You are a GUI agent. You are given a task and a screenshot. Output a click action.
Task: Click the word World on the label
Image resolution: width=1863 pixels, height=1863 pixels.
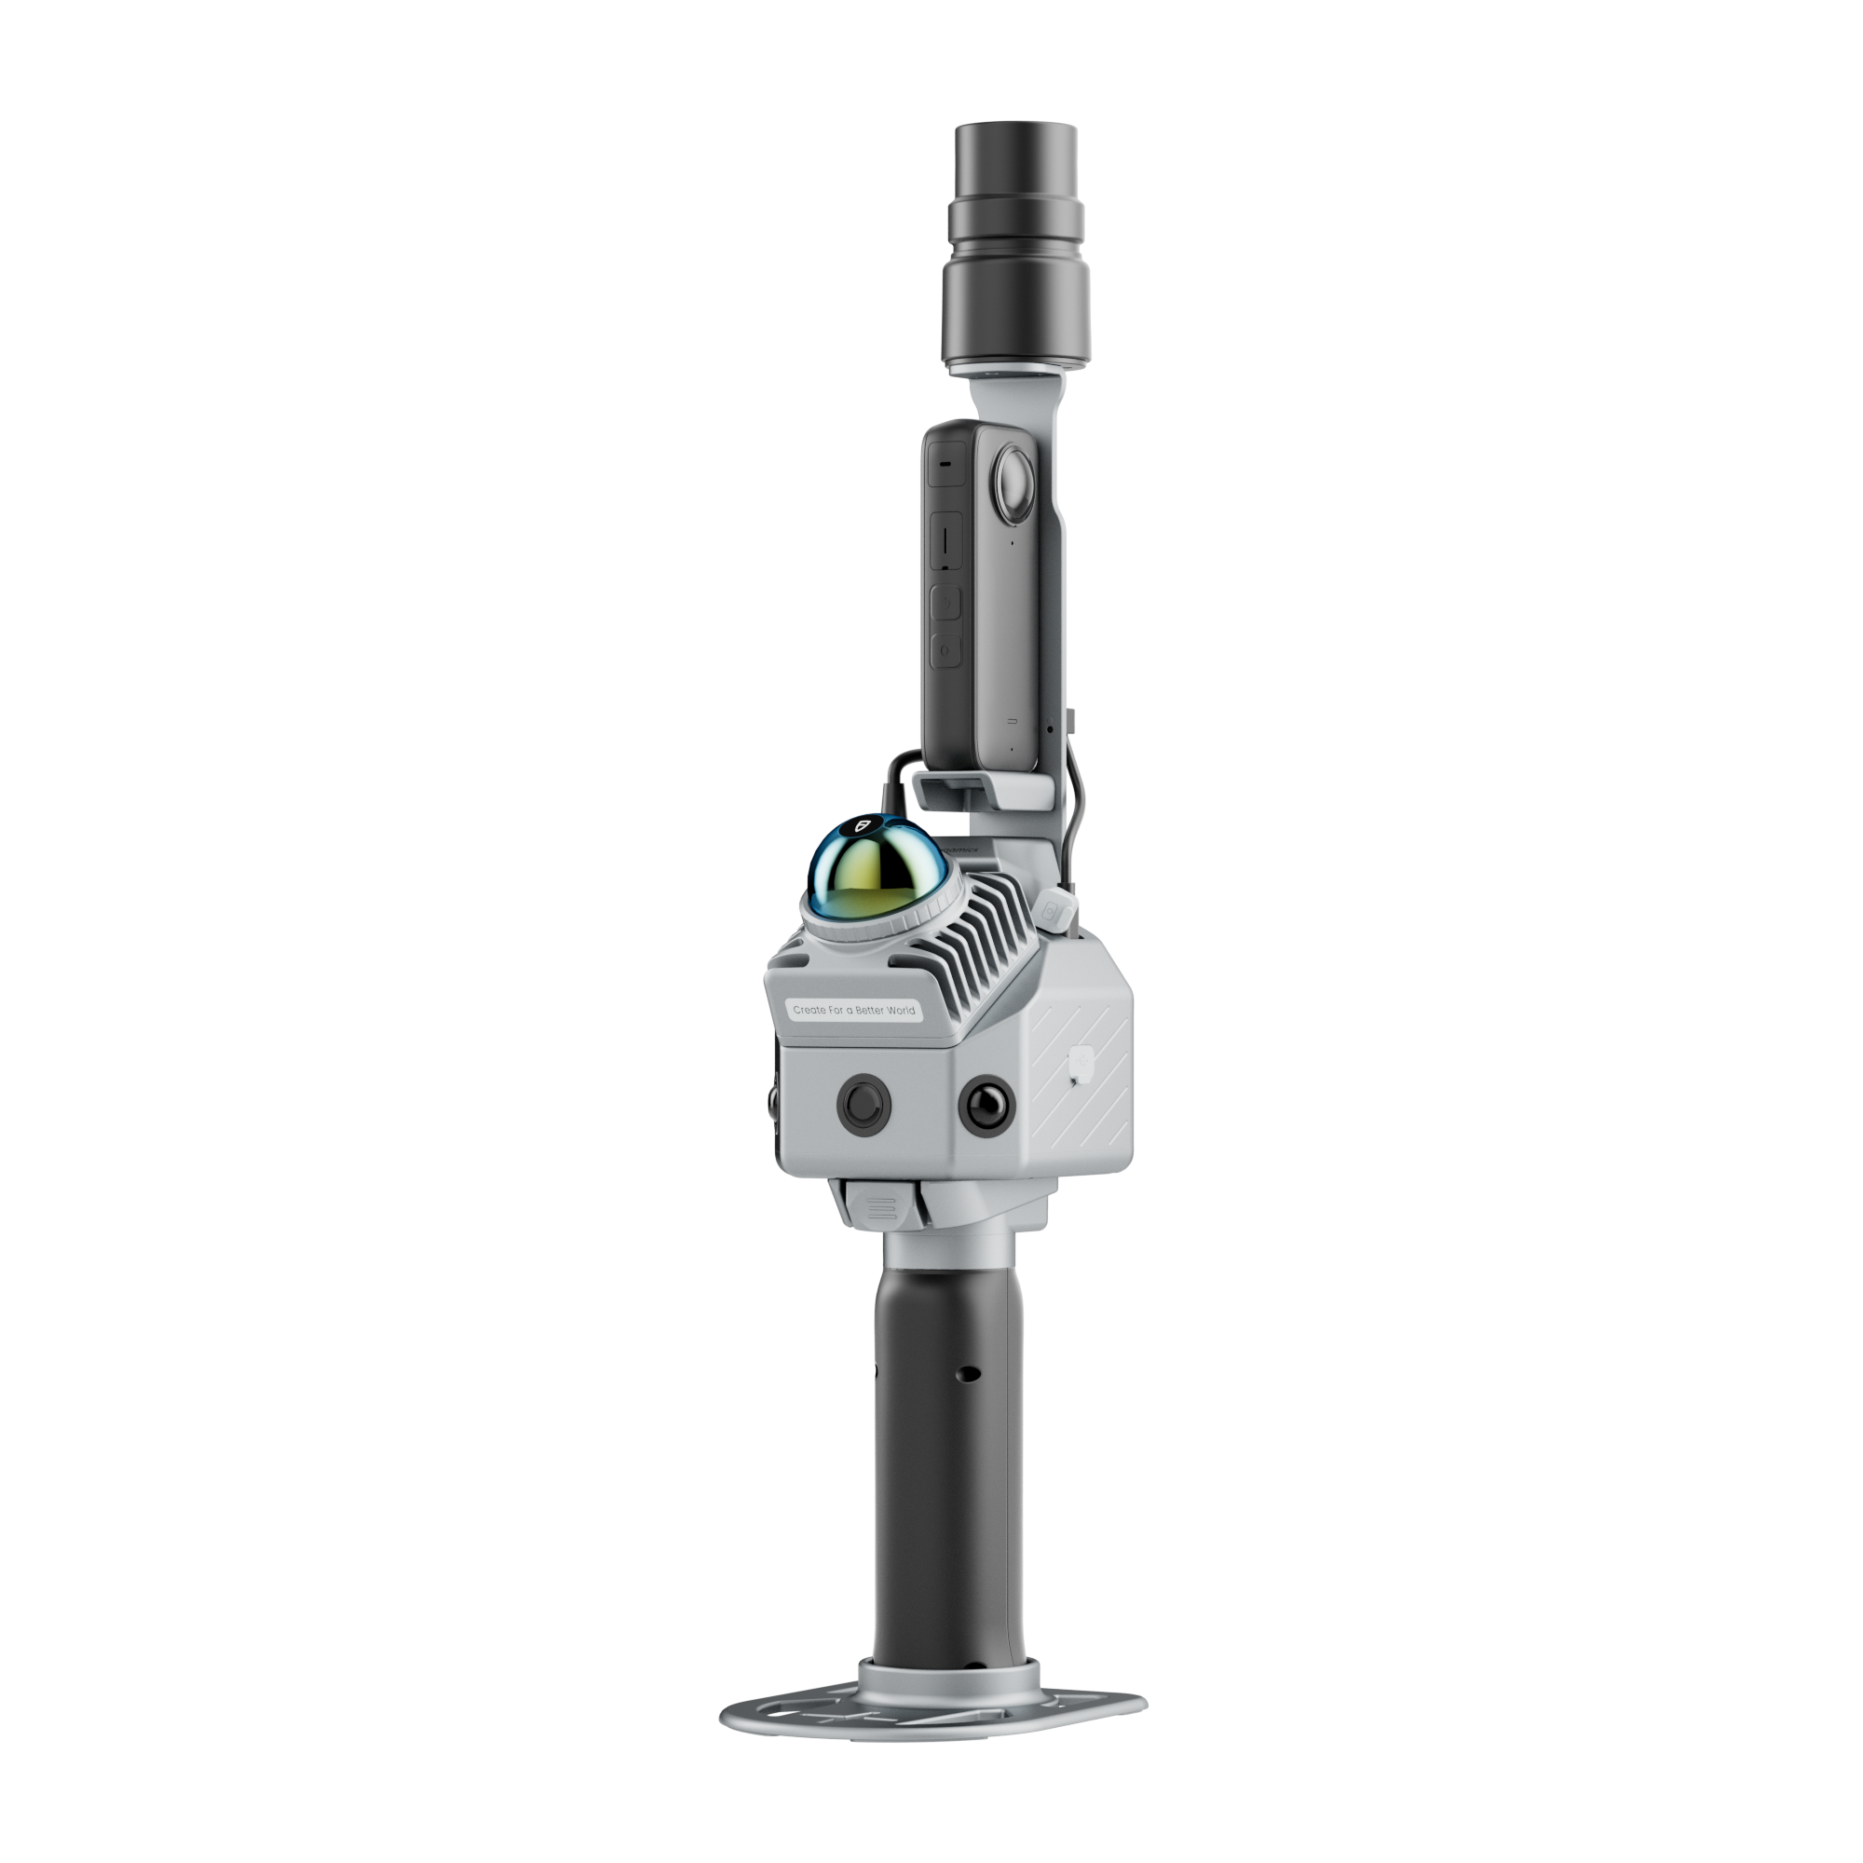(900, 1011)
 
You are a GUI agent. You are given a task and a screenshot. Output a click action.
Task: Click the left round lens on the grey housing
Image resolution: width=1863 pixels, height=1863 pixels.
(864, 1104)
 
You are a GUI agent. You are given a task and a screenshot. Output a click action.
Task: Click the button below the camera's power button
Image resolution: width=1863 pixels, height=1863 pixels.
(946, 651)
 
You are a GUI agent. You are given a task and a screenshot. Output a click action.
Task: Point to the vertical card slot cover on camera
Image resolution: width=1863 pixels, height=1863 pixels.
(947, 540)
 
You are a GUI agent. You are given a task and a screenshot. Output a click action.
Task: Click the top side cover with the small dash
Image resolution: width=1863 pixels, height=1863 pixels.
(946, 464)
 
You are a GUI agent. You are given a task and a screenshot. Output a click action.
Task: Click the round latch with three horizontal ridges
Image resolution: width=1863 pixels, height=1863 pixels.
(880, 1206)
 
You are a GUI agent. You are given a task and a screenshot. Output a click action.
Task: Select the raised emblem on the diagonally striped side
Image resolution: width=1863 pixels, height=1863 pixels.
(1081, 1062)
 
